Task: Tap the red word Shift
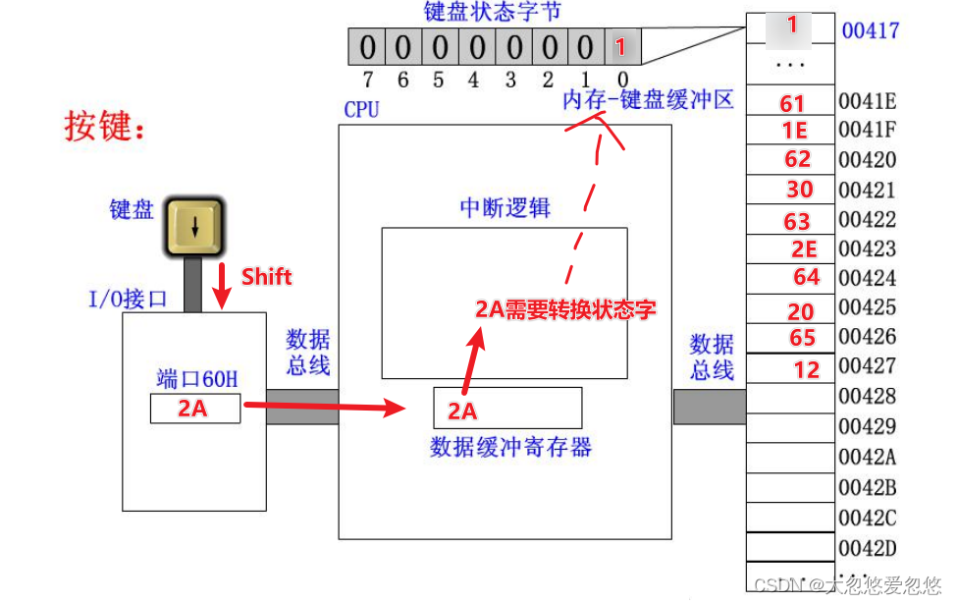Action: tap(266, 276)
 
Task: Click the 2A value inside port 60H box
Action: tap(193, 409)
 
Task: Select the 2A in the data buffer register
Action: tap(462, 411)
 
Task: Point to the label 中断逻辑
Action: tap(505, 208)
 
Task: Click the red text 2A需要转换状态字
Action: tap(565, 309)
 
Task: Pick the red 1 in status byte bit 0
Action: tap(619, 47)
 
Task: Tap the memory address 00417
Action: tap(870, 30)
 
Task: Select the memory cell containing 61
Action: tap(792, 102)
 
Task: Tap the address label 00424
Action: tap(867, 279)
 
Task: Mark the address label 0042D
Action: tap(867, 547)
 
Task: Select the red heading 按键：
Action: tap(105, 126)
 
